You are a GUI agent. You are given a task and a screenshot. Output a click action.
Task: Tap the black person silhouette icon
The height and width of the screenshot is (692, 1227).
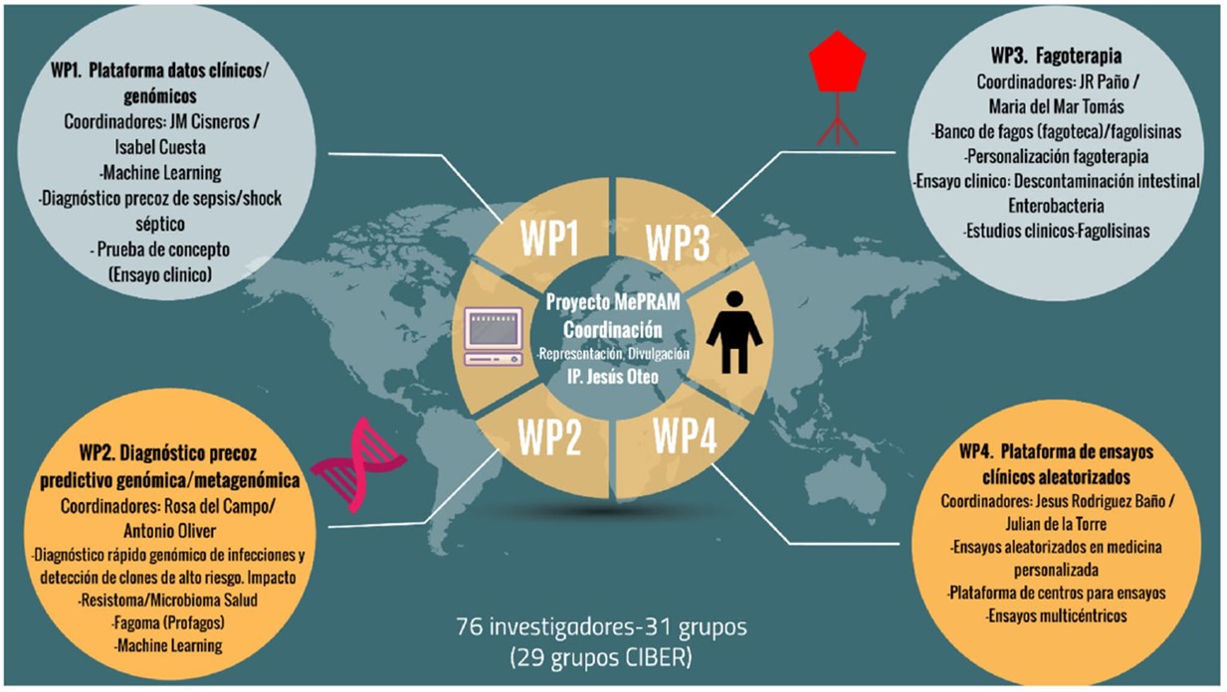740,331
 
